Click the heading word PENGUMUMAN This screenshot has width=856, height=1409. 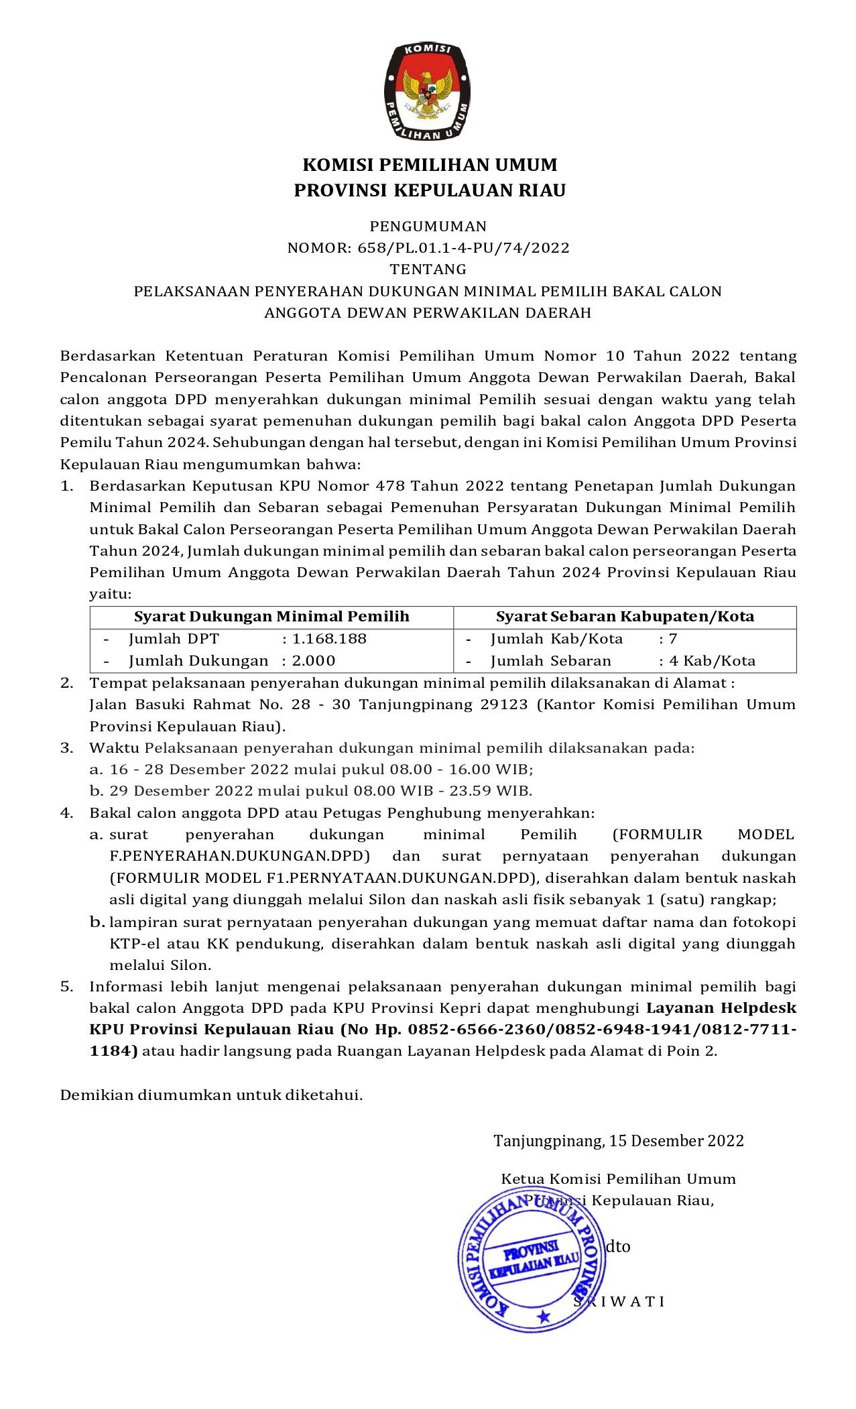click(x=428, y=227)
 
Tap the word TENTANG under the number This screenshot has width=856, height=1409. click(x=428, y=269)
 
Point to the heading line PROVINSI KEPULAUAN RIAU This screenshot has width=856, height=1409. click(x=430, y=191)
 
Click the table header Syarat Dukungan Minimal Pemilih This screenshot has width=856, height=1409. click(x=271, y=617)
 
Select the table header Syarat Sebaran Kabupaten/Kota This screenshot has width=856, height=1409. click(x=625, y=617)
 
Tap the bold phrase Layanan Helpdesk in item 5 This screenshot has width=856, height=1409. click(x=721, y=1008)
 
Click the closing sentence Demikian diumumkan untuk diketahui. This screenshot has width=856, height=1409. click(x=211, y=1095)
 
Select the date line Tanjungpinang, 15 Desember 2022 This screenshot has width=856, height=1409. click(x=619, y=1141)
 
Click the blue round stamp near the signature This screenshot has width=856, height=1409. click(x=532, y=1259)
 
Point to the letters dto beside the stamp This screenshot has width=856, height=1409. click(x=618, y=1247)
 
